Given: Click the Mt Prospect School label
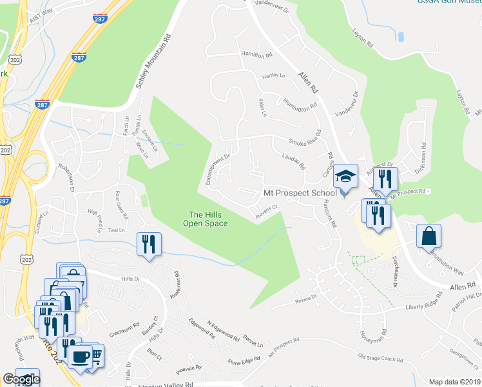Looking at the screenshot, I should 300,193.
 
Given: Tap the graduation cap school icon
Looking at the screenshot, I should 345,175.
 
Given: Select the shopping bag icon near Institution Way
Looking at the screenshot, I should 429,236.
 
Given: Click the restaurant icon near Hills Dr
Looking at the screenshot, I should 149,244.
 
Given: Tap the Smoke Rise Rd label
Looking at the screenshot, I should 305,141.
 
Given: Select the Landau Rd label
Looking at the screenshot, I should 293,161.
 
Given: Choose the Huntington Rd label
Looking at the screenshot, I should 300,103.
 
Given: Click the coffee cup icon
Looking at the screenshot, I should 81,357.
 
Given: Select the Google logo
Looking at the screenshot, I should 21,379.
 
